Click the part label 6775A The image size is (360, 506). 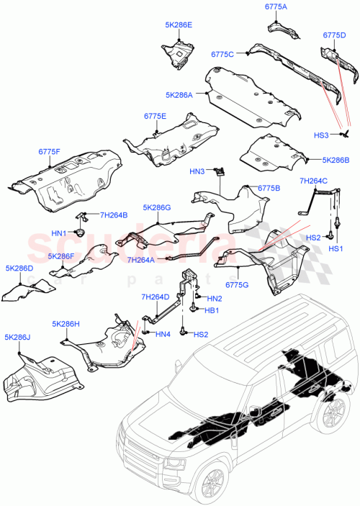(x=276, y=7)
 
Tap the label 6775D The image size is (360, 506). (x=335, y=35)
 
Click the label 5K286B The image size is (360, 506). (x=336, y=160)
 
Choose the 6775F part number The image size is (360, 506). (x=50, y=152)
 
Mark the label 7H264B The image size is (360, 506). (x=113, y=214)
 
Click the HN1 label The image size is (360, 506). (x=58, y=233)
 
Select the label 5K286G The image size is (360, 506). (x=157, y=208)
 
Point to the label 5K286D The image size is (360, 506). (x=19, y=268)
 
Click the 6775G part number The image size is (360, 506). (x=238, y=284)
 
